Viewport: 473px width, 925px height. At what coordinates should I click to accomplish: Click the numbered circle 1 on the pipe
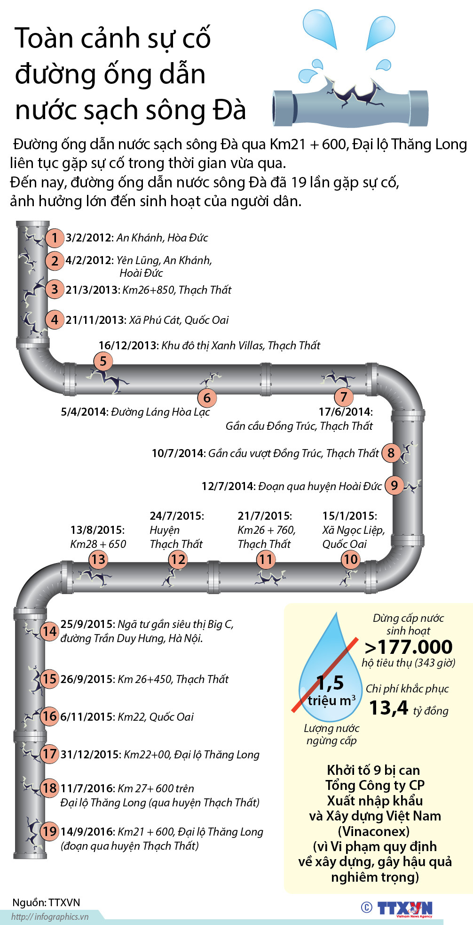point(55,238)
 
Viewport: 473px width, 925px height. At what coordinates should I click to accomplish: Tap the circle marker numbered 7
point(344,397)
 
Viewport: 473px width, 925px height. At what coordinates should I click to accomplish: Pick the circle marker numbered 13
point(98,559)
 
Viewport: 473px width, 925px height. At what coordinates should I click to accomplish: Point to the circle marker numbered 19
point(49,831)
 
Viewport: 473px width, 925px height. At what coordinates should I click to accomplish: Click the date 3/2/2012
point(89,238)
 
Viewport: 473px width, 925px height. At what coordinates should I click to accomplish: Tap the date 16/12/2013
point(128,346)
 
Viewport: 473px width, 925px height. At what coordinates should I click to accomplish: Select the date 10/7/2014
point(178,453)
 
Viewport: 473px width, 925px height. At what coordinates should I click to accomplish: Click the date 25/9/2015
point(87,624)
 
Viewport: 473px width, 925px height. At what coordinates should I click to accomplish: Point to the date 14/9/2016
point(87,832)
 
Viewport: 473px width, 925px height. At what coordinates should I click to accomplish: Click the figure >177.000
point(408,647)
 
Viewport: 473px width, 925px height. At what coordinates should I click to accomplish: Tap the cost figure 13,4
point(389,708)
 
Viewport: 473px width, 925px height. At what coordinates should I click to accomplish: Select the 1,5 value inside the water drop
point(330,683)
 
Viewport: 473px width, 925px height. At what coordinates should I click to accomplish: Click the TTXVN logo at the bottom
point(404,909)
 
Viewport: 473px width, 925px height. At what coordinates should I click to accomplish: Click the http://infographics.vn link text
point(50,917)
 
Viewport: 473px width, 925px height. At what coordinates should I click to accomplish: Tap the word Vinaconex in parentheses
point(374,831)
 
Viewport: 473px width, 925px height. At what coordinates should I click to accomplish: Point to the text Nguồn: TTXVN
point(46,902)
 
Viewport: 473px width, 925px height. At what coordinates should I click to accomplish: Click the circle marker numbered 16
point(49,716)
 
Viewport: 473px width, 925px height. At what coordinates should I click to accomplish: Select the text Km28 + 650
point(98,544)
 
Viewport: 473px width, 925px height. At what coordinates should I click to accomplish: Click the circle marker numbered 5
point(103,362)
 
